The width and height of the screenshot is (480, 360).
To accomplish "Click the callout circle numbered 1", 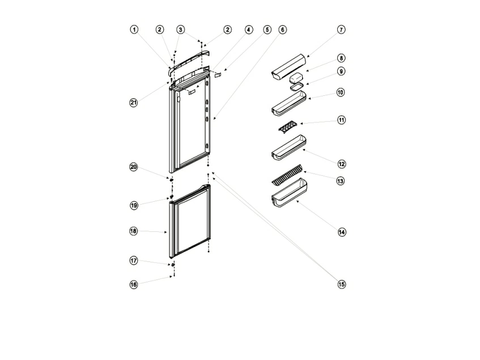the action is click(134, 29).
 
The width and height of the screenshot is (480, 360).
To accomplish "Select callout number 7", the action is click(341, 29).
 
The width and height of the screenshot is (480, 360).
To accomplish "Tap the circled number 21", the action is click(134, 103).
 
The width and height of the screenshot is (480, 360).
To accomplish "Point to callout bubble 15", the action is click(342, 285).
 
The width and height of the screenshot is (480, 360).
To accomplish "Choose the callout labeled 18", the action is click(134, 231).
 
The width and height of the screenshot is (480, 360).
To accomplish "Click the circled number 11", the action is click(341, 120).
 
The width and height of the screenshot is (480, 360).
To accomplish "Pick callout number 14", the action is click(342, 232).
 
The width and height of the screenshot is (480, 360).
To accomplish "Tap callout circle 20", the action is click(134, 167).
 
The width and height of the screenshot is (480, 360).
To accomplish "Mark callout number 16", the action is click(134, 285).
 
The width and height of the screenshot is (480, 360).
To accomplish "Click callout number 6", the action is click(282, 29).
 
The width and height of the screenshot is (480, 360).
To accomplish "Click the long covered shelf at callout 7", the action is click(288, 67).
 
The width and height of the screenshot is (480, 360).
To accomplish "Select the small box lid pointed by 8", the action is click(296, 78).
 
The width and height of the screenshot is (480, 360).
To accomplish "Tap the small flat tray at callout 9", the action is click(296, 87).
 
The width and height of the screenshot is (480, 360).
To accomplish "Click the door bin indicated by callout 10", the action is click(288, 104).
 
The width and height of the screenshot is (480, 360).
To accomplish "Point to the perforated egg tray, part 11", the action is click(288, 126).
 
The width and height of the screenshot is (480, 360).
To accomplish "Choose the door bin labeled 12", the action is click(288, 147).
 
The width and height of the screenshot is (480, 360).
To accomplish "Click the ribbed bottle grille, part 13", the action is click(287, 175).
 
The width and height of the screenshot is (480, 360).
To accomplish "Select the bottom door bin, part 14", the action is click(289, 192).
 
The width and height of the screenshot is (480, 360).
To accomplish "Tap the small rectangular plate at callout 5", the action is click(218, 75).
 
